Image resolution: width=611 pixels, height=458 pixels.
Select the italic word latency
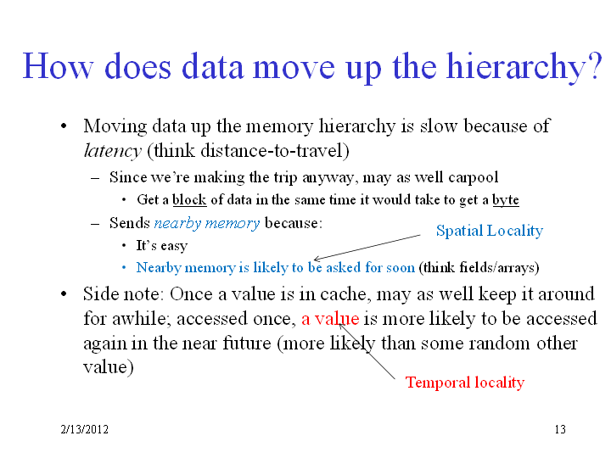click(112, 151)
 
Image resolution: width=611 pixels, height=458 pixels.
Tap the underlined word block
click(189, 200)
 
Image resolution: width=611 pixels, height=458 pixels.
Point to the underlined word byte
click(506, 200)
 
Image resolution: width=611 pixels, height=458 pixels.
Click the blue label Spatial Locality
click(490, 231)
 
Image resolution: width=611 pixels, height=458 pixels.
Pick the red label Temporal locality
click(465, 383)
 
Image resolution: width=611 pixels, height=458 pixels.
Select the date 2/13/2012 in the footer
click(85, 429)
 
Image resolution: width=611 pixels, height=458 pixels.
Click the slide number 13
click(560, 429)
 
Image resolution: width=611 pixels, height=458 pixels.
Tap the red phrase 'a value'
click(330, 319)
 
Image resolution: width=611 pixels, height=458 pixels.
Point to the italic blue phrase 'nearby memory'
click(207, 224)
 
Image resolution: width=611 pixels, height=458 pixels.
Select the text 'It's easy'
click(162, 246)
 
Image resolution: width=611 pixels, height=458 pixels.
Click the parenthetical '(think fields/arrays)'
click(479, 267)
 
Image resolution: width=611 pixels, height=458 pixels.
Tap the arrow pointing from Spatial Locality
click(367, 248)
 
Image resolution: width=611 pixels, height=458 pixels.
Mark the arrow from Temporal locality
click(367, 351)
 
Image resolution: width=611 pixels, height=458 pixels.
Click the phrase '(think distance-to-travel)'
click(248, 151)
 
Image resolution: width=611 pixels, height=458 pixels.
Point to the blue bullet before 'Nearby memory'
click(124, 267)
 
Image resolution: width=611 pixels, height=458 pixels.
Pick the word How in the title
click(58, 67)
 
